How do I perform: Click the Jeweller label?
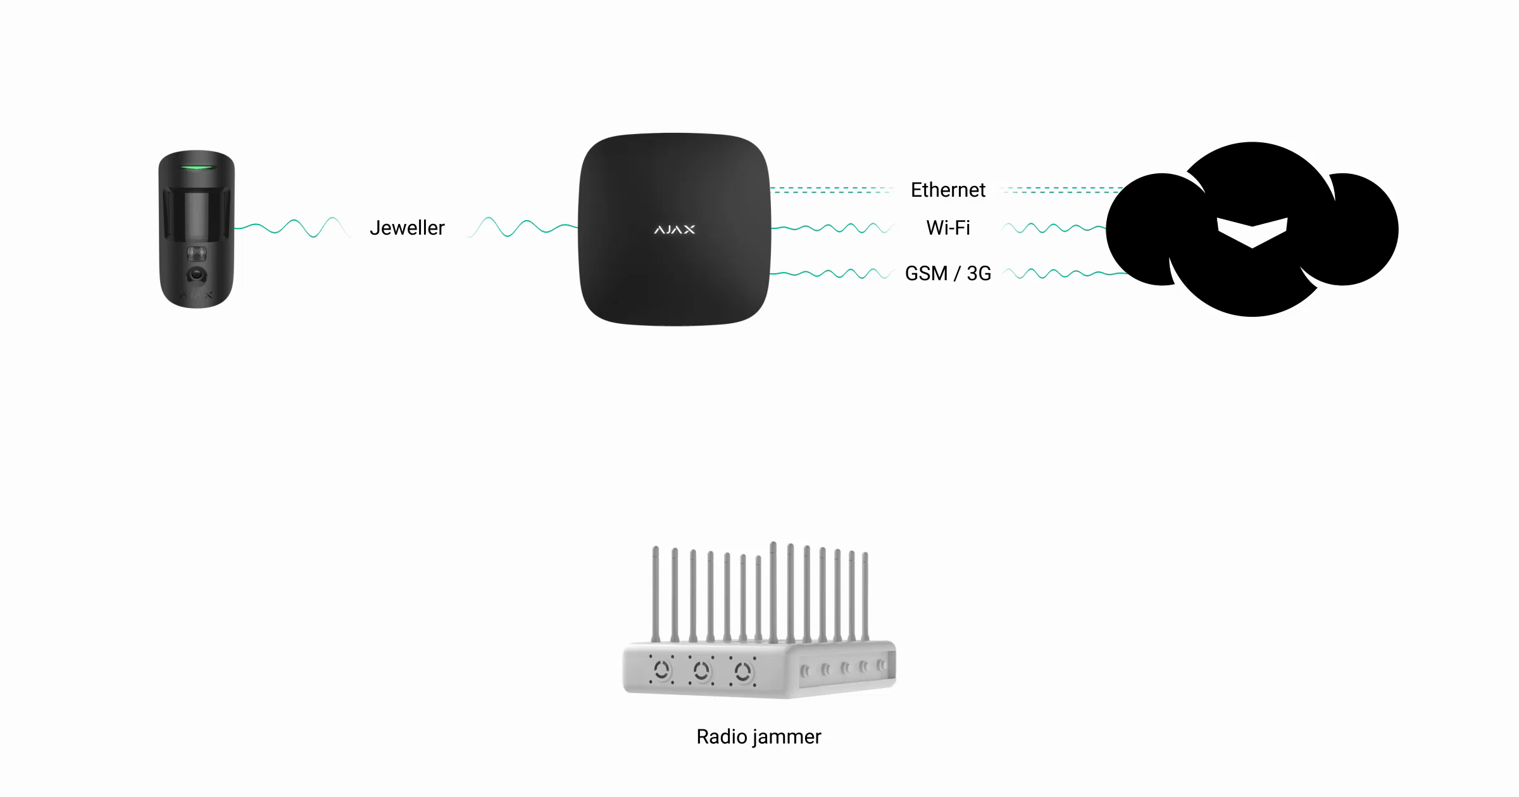[407, 228]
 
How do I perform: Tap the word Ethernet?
[947, 190]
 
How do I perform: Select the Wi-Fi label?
[947, 228]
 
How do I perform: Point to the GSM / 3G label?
[947, 273]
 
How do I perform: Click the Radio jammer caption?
[758, 737]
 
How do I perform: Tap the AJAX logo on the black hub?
[674, 230]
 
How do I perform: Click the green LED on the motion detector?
[196, 168]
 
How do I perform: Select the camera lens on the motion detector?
[197, 275]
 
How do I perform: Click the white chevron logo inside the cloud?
[1252, 232]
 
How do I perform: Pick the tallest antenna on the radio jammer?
[773, 591]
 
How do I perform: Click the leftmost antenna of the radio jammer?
[656, 595]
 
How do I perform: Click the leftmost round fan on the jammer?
[662, 669]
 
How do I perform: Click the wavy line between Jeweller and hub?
[522, 228]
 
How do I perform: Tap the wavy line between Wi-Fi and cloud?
[1054, 228]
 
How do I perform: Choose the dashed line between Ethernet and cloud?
[1063, 190]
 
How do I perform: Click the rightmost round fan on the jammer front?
[742, 670]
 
